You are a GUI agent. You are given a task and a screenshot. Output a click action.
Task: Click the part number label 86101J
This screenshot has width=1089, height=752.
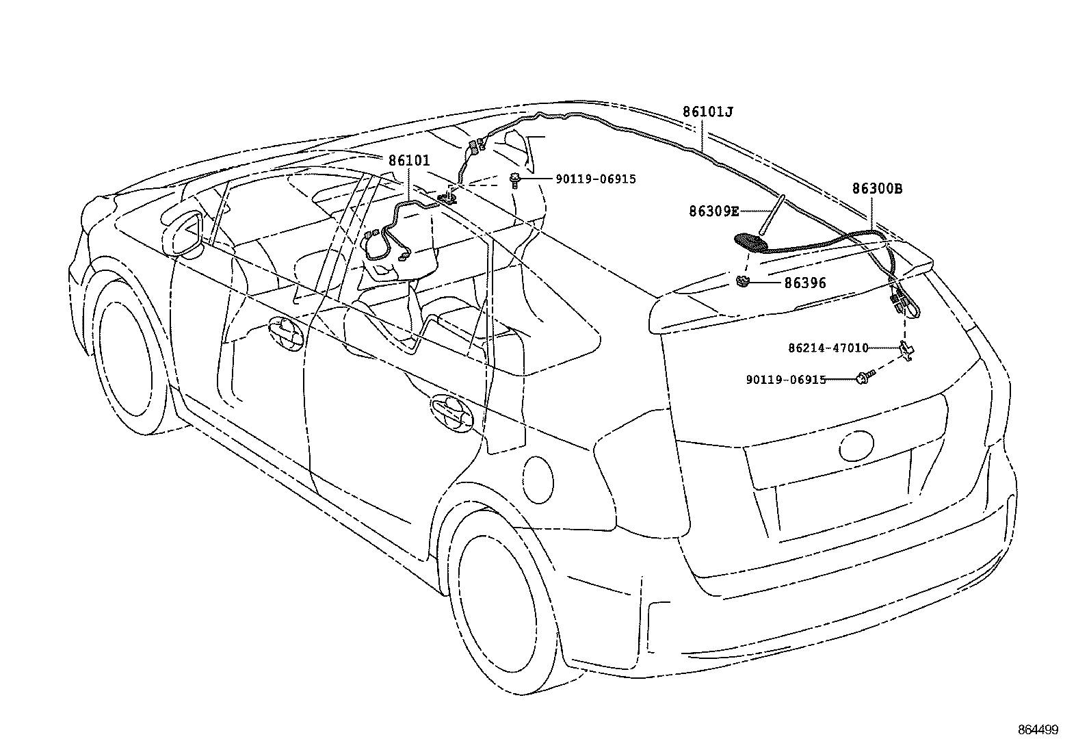point(707,112)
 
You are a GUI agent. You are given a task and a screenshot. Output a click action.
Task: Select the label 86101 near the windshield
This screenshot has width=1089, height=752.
point(408,161)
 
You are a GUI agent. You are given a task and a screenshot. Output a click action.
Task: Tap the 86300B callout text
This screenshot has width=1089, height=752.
point(876,189)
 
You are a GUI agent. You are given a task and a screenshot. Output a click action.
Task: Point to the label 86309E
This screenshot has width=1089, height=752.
point(713,212)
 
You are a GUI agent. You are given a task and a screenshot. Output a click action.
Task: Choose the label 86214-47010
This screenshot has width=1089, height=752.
point(828,348)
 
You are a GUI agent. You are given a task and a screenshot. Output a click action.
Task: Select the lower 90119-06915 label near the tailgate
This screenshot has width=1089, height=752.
point(786,380)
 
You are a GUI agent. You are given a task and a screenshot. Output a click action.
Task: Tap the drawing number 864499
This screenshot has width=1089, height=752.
point(1038,730)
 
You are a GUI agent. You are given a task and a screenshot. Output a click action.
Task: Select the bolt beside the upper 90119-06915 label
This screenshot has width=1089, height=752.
point(515,181)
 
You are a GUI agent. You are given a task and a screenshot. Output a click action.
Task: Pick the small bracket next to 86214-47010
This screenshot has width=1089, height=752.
point(908,349)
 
